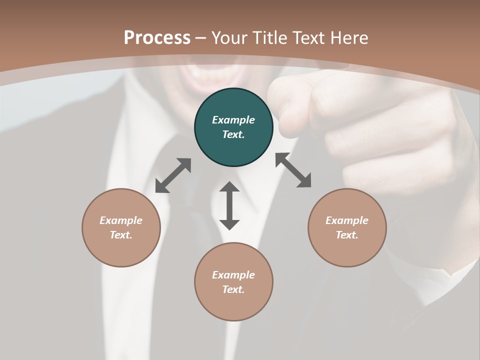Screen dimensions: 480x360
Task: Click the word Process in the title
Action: tap(157, 38)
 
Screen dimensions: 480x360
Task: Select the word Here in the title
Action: tap(348, 38)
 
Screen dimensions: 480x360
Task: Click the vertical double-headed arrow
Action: tap(229, 205)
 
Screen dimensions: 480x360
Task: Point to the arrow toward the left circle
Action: tap(173, 175)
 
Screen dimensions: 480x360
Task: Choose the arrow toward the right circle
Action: tap(293, 170)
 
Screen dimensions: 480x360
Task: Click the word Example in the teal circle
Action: tap(233, 120)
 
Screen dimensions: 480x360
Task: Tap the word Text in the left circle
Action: tap(121, 235)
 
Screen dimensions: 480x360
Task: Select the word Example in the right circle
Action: tap(347, 220)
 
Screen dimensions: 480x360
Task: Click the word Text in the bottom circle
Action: tap(233, 289)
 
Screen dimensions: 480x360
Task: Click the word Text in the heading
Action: tap(310, 38)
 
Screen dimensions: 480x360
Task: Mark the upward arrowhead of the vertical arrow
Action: tap(229, 187)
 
